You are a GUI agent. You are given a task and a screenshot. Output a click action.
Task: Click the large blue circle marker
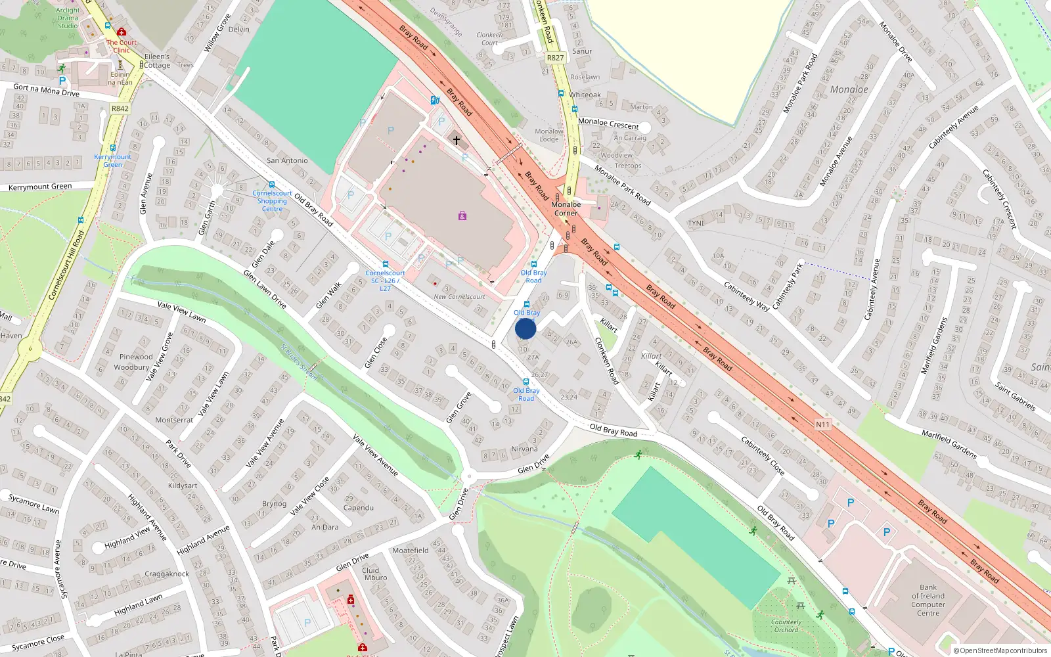point(525,328)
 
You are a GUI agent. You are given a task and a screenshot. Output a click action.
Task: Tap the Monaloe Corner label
point(566,209)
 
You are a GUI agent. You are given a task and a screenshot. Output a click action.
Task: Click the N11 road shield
point(822,424)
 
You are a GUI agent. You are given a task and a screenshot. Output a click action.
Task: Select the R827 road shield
point(555,58)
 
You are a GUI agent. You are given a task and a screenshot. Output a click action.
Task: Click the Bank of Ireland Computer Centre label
point(928,600)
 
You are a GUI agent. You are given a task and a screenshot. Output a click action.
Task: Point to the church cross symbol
point(457,140)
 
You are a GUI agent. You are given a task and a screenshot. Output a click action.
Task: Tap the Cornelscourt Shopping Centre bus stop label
point(272,201)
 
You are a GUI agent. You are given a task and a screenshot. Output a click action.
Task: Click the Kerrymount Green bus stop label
point(112,160)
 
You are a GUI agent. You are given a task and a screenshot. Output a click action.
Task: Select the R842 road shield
point(120,108)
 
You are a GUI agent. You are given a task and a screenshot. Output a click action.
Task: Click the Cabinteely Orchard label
point(786,625)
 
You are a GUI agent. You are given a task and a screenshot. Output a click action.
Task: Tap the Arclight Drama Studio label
point(68,18)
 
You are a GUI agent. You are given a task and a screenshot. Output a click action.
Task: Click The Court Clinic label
point(122,46)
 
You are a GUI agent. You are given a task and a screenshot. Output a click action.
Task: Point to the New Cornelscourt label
point(459,297)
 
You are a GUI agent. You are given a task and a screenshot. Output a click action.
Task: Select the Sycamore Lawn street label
point(34,505)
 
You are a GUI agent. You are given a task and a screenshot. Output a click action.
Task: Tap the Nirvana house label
point(524,449)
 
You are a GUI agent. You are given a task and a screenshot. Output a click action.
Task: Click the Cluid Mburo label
point(374,574)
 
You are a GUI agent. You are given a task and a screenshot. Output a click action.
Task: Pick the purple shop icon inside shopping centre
point(462,215)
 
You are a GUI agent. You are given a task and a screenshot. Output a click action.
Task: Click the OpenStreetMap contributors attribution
point(1000,650)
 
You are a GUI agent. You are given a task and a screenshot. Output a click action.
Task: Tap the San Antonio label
point(287,160)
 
